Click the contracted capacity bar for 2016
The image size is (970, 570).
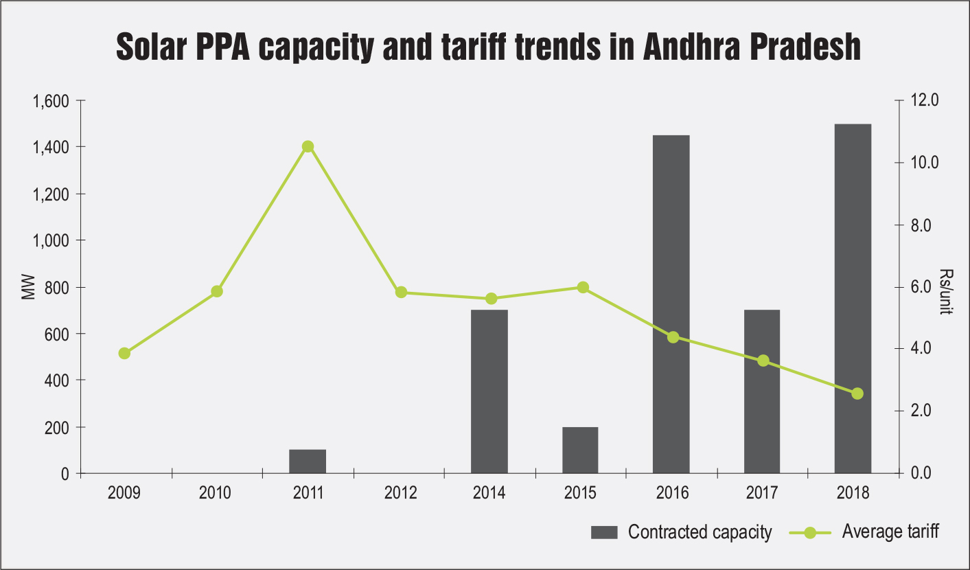[x=671, y=304]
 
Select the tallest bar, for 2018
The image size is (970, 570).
[x=853, y=299]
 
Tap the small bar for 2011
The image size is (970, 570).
[x=308, y=461]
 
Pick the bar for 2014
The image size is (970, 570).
[x=489, y=391]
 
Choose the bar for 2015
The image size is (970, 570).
[x=580, y=450]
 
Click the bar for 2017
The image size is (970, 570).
[x=762, y=391]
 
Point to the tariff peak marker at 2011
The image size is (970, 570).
[x=308, y=146]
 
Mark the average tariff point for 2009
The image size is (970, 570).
[x=124, y=354]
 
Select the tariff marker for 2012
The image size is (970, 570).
[x=402, y=292]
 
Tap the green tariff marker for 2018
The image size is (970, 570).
[x=857, y=394]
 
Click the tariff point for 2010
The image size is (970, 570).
[x=217, y=291]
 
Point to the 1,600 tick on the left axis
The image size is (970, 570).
[x=51, y=101]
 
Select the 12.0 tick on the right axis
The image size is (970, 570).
[x=924, y=101]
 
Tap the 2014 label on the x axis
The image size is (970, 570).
[x=489, y=492]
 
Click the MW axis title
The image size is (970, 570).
[x=28, y=288]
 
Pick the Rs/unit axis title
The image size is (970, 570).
[x=945, y=291]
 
